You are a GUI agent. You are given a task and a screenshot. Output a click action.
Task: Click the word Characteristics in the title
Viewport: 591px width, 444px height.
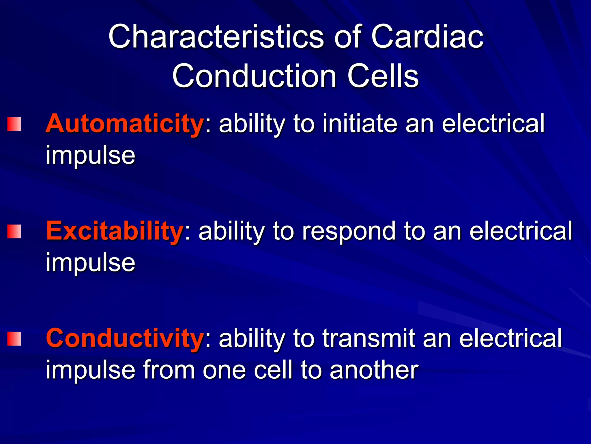coord(216,37)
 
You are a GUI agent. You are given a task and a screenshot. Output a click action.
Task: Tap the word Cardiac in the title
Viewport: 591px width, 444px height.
coord(427,37)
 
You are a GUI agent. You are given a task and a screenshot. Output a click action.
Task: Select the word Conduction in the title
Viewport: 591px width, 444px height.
coord(254,76)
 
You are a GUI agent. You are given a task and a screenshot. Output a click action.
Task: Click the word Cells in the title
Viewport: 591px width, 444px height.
coord(383,76)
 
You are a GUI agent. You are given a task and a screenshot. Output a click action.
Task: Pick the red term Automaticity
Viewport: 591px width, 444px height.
coord(125,124)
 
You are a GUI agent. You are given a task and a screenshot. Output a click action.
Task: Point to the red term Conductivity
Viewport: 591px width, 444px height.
coord(125,338)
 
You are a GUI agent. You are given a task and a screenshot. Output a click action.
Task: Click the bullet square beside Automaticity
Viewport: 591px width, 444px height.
coord(14,124)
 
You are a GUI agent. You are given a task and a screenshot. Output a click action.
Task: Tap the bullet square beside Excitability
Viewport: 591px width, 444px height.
coord(14,232)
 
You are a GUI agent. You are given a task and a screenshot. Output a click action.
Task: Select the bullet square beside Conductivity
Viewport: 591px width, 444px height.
coord(14,339)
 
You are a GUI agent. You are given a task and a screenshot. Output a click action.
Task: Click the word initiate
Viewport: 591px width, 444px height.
coord(360,124)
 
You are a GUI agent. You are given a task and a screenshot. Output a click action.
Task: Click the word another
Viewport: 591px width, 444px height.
coord(374,370)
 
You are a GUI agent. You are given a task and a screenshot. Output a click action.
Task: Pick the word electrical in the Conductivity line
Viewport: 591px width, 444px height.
coord(510,338)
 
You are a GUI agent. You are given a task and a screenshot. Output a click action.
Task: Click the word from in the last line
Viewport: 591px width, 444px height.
coord(169,370)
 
